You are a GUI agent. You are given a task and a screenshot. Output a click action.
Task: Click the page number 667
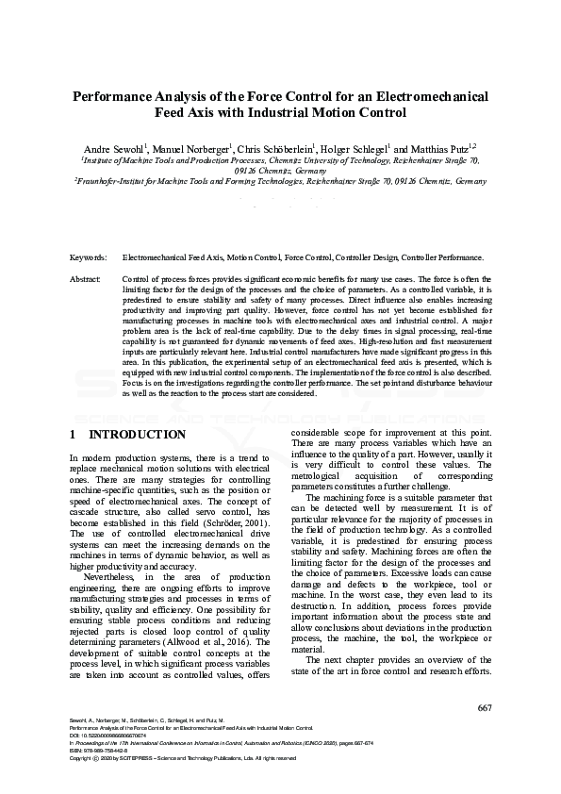pos(484,707)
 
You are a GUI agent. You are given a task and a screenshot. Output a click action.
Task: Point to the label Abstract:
pos(86,280)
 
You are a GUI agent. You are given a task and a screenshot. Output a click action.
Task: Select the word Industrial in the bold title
pos(292,113)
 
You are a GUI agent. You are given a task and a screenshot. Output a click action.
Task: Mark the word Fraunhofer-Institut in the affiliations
pos(114,179)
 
